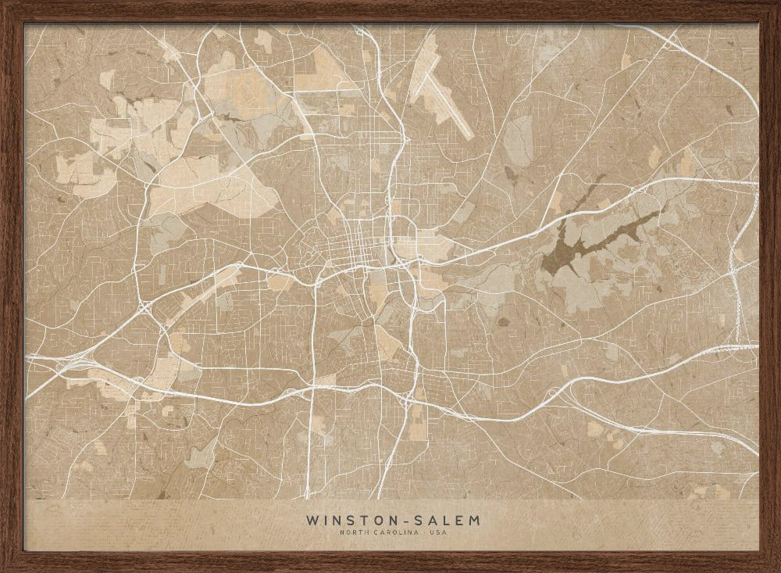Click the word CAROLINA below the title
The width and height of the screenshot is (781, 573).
pyautogui.click(x=390, y=533)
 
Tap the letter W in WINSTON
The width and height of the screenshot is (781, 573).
pyautogui.click(x=312, y=519)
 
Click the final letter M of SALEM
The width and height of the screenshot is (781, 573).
pyautogui.click(x=475, y=519)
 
